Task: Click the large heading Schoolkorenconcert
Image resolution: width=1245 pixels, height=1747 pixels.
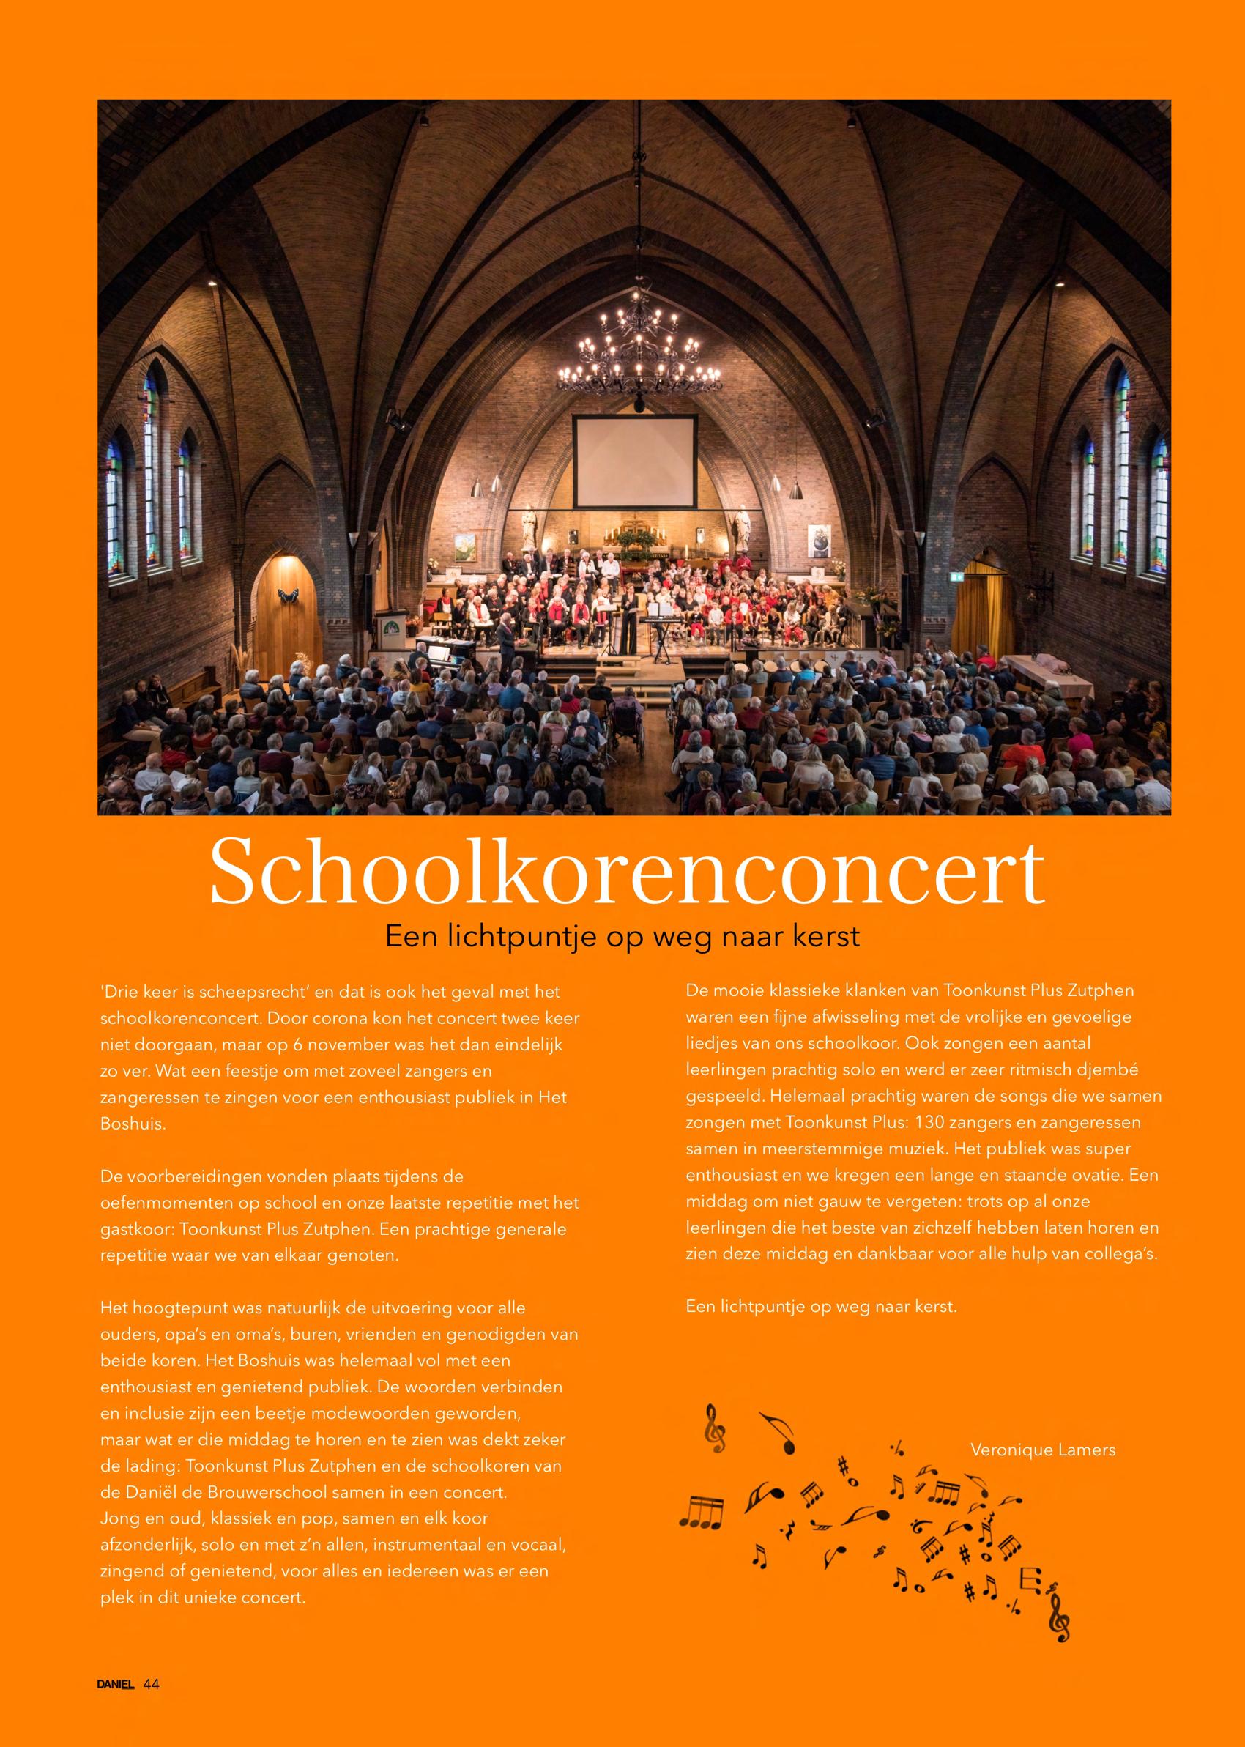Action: pyautogui.click(x=627, y=875)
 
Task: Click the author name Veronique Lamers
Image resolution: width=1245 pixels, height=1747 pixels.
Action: pyautogui.click(x=1043, y=1450)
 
